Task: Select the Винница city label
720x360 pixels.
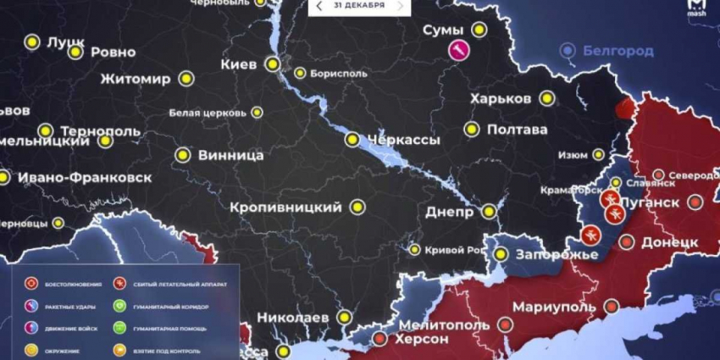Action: coord(230,156)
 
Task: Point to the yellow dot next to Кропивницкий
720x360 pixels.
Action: coord(357,207)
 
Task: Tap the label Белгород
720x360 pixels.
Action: coord(618,51)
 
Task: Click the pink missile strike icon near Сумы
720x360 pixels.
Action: coord(459,50)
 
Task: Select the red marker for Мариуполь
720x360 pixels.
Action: coord(506,324)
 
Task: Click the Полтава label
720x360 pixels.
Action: coord(517,130)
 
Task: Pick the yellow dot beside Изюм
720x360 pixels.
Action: coord(598,154)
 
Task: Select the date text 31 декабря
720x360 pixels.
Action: coord(359,6)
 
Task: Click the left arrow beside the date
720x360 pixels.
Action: coord(318,6)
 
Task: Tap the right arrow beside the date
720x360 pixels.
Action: coord(400,6)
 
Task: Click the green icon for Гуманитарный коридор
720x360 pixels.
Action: coord(119,306)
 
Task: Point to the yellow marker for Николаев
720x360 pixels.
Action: coord(344,316)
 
